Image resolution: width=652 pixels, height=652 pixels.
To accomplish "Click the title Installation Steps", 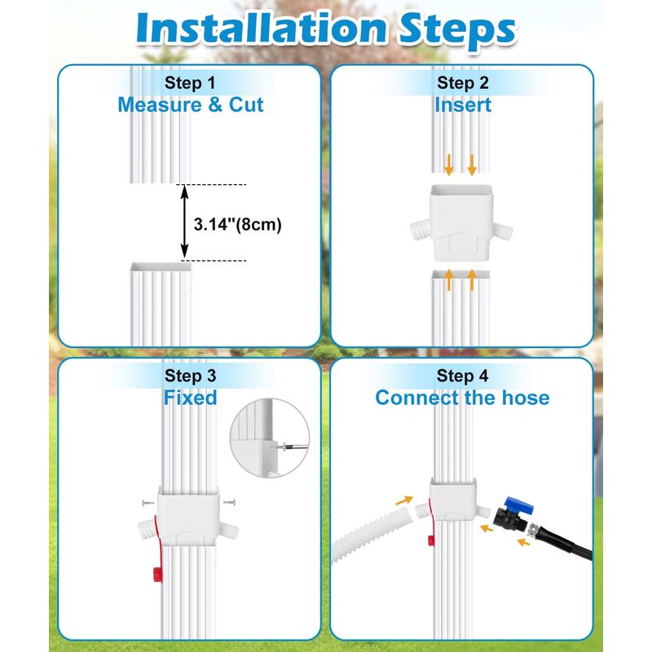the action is click(x=327, y=29).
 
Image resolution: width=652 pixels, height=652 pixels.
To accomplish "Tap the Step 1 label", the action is click(x=190, y=83).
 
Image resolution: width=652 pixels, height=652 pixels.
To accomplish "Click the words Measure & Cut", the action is click(x=191, y=105).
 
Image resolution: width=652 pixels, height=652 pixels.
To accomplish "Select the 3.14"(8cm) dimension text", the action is click(x=237, y=224).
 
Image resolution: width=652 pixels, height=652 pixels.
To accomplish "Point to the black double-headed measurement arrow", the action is click(x=185, y=222).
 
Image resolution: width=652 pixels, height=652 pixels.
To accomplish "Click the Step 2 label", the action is click(x=462, y=83).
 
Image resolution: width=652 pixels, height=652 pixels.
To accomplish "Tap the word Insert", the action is click(x=462, y=105).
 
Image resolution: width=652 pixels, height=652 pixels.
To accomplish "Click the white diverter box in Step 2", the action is click(x=460, y=223).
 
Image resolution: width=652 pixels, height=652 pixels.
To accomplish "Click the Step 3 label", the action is click(x=190, y=376).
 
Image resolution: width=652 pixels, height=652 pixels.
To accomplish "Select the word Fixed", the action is click(x=190, y=398).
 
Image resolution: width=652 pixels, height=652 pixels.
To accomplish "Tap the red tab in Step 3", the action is click(x=157, y=574).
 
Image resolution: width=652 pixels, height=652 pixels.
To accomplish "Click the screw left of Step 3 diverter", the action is click(x=148, y=503).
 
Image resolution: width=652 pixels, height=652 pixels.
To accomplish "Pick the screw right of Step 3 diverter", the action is click(x=230, y=502).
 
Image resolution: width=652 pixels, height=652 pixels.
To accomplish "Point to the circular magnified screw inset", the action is click(x=270, y=438).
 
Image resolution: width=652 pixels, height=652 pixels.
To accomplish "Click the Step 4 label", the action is click(x=462, y=376).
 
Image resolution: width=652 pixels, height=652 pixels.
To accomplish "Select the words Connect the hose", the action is click(x=462, y=398).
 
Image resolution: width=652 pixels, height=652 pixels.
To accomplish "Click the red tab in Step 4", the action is click(x=431, y=540).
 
